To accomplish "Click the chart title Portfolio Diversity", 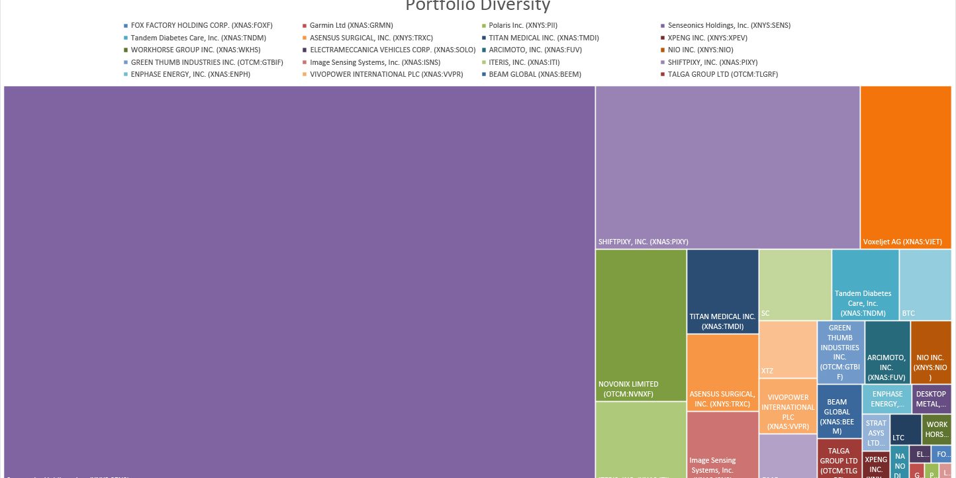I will tap(477, 6).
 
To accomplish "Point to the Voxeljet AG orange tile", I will tap(906, 167).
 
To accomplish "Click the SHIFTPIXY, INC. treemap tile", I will tap(727, 167).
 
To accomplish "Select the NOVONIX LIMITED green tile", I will tap(640, 324).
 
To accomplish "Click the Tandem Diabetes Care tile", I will tap(865, 285).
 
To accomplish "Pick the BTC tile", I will tap(925, 285).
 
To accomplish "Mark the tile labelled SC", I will tap(794, 285).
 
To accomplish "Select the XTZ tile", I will tap(787, 349).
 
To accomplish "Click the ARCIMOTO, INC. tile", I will tap(886, 352).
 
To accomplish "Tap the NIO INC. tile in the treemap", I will tap(930, 352).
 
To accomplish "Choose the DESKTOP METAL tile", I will tap(931, 399).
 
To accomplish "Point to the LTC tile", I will tap(904, 430).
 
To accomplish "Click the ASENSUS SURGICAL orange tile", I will tap(722, 372).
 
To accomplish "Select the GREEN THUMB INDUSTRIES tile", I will tap(840, 352).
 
